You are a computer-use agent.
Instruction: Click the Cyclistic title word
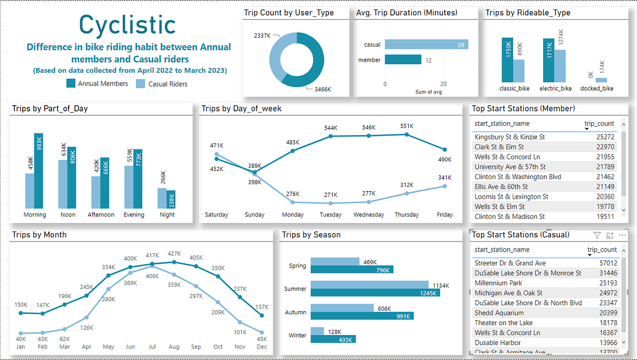coord(127,24)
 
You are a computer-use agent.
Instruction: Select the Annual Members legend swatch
coord(71,83)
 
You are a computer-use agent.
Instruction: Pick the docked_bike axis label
coord(597,88)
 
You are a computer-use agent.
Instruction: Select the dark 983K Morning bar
coord(39,171)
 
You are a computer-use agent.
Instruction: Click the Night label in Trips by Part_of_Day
coord(167,215)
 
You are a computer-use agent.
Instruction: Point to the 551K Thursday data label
coord(406,126)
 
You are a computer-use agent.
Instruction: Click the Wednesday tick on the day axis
coord(368,215)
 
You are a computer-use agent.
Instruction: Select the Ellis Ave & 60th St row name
coord(501,187)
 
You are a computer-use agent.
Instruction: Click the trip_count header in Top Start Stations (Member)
coord(599,124)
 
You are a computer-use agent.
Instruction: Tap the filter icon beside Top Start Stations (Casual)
coord(597,235)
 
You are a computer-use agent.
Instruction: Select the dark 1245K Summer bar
coord(375,293)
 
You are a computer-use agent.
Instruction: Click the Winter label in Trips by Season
coord(297,335)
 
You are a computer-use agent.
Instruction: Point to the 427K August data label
coord(174,254)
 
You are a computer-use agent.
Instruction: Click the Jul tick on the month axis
coord(152,346)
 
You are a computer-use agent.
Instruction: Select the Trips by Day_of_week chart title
coord(242,109)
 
